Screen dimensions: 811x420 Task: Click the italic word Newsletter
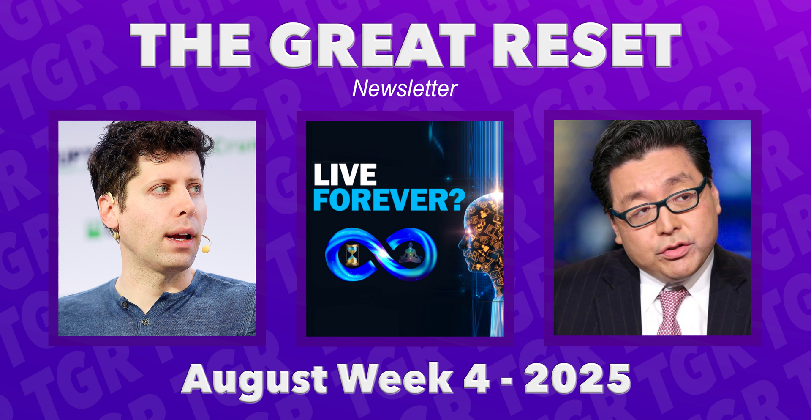(x=405, y=88)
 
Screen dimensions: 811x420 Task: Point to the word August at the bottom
(x=255, y=380)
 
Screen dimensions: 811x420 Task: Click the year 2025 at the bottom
(x=577, y=378)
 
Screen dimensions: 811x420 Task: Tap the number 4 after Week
(x=477, y=378)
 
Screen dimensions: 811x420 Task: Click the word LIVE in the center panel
(x=345, y=175)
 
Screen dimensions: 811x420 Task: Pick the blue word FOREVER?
(x=389, y=200)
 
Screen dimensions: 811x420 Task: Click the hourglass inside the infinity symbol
(x=352, y=255)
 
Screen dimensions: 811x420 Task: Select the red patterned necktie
(x=671, y=311)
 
